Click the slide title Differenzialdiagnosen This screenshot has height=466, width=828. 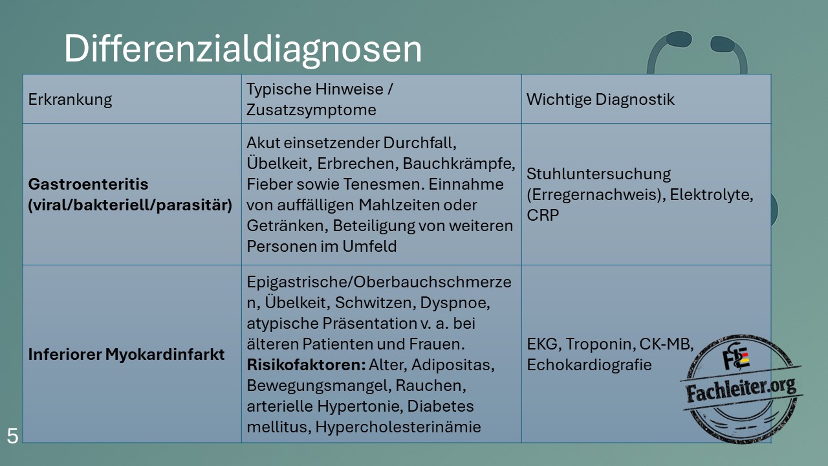pos(243,50)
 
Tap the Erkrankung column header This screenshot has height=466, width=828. pos(70,100)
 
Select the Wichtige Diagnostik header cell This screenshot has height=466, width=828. pos(600,100)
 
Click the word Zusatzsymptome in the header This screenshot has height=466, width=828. pos(311,110)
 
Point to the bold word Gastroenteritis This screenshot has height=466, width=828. pos(88,184)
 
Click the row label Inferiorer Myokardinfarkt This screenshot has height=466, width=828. pos(126,354)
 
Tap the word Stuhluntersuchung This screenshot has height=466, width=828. pos(598,174)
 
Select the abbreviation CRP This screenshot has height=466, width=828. pos(543,216)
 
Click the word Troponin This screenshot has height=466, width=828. pos(600,344)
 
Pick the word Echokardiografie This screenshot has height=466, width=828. pos(589,365)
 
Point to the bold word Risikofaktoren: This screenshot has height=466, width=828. pos(306,365)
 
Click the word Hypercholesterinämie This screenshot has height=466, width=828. pos(398,427)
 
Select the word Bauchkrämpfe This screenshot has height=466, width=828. pos(459,164)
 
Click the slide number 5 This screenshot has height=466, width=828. pos(12,436)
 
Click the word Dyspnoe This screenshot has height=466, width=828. pos(455,303)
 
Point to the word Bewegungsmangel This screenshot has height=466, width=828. pos(319,386)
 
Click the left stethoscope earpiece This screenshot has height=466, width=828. pos(679,39)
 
